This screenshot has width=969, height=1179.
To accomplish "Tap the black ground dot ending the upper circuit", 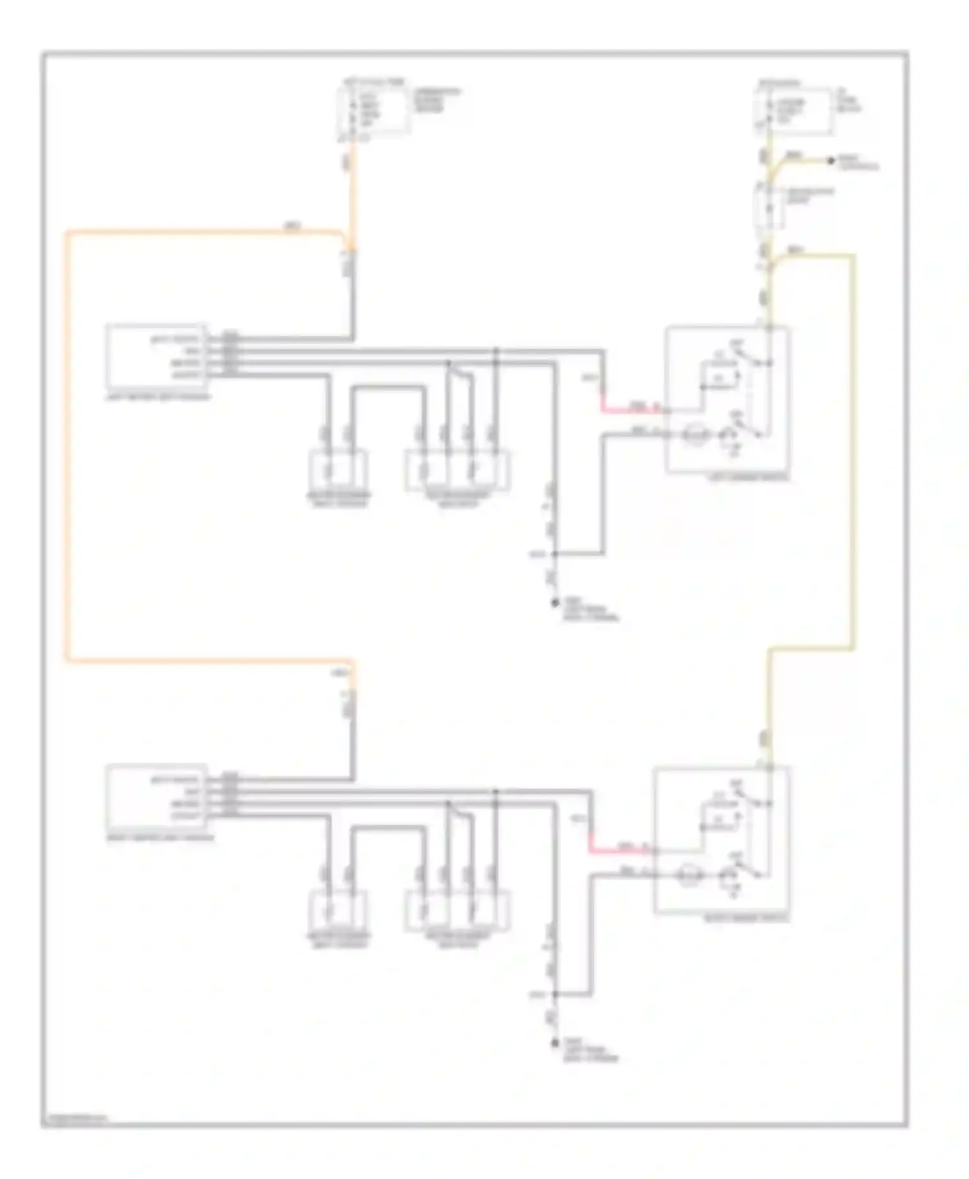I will pos(554,602).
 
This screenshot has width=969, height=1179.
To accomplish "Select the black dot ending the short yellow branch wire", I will pos(831,160).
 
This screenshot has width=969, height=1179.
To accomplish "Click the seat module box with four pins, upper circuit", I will pos(156,357).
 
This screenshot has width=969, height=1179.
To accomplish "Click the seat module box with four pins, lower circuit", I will pos(156,796).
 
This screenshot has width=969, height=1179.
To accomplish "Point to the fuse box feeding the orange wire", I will pos(373,111).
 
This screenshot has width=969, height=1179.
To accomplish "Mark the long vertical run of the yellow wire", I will pos(853,452).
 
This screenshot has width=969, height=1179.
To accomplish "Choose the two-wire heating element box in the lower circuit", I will pos(339,910).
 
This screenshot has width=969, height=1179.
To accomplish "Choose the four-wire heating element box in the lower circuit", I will pos(457,910).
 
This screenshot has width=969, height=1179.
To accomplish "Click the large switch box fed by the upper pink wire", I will pos(727,401).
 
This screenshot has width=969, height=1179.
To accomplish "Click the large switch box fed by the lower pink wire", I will pos(721,840).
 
